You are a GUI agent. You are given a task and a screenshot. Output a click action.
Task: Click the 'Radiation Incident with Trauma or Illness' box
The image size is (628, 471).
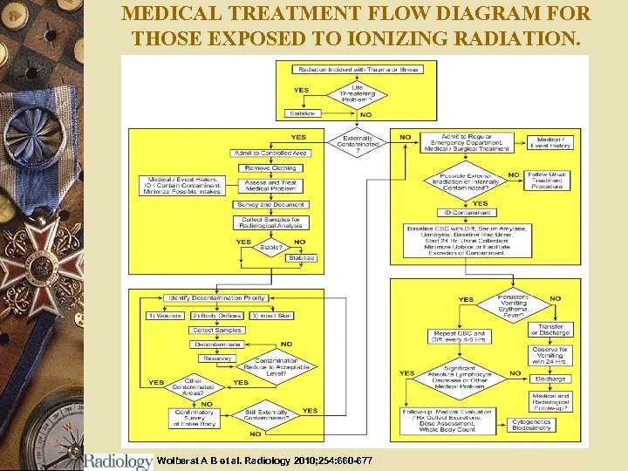tap(358, 69)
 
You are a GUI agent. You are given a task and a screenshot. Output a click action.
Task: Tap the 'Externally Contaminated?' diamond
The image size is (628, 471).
tap(358, 142)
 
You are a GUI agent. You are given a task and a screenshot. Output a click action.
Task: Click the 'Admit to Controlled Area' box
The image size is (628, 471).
tap(271, 153)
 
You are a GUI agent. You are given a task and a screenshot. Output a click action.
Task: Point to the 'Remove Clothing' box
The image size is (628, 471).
tap(270, 167)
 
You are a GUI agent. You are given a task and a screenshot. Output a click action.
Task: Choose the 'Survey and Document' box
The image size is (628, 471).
tap(270, 204)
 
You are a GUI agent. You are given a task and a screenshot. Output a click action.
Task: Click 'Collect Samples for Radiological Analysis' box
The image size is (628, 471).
tap(270, 222)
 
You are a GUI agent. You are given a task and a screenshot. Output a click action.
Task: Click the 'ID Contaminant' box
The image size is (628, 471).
tap(468, 212)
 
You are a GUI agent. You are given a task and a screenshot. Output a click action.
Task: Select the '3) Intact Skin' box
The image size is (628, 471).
tap(271, 315)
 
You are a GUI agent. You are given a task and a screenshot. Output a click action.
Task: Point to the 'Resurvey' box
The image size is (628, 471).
tap(217, 358)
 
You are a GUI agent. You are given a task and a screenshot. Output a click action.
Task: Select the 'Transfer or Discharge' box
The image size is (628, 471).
tap(551, 330)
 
